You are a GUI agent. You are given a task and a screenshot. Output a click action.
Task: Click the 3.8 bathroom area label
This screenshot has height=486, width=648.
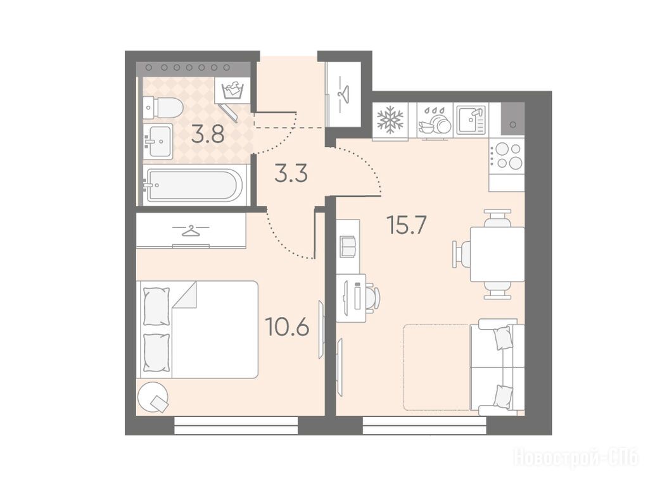[208, 134]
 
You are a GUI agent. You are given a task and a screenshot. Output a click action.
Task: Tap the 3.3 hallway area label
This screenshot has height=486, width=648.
[291, 173]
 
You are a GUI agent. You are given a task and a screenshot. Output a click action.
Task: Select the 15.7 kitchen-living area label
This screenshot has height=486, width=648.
[406, 225]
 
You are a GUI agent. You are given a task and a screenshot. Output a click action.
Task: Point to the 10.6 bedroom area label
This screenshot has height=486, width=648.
[287, 327]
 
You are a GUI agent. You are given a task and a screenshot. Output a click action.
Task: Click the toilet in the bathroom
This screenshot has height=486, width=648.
[163, 106]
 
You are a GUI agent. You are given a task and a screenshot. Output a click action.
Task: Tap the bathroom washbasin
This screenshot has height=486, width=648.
[158, 140]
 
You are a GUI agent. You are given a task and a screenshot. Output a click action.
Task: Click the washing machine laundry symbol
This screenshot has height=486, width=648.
[232, 90]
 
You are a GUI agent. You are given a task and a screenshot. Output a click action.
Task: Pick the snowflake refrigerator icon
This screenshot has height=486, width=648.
[390, 120]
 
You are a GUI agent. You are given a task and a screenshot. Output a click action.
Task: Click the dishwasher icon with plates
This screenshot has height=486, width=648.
[435, 121]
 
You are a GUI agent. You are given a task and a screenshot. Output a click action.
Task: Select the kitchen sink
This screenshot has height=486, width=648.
[471, 120]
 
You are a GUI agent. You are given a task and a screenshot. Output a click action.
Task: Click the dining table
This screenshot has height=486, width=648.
[498, 254]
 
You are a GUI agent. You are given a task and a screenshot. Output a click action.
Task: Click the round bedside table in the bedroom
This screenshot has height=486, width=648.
[153, 396]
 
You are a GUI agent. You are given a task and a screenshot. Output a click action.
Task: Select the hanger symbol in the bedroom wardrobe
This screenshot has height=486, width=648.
[191, 231]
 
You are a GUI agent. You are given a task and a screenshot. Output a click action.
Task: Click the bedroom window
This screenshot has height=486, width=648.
[236, 425]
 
